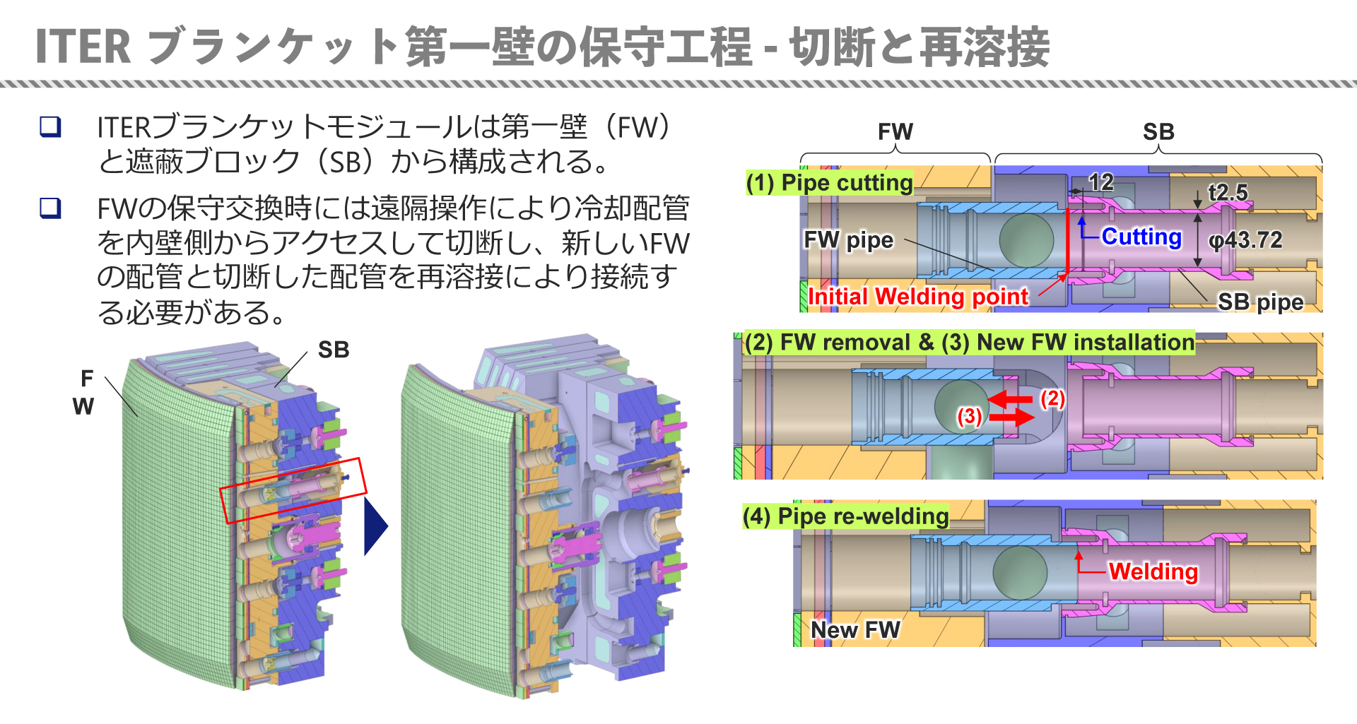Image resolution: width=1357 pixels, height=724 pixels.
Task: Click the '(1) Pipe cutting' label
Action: click(x=830, y=183)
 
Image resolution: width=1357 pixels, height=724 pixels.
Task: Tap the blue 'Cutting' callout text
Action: click(x=1141, y=237)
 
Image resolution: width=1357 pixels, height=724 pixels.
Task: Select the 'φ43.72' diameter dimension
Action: click(x=1245, y=240)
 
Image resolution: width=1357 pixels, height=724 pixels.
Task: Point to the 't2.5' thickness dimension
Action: click(x=1228, y=192)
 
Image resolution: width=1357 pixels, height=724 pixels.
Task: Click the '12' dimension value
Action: click(x=1101, y=182)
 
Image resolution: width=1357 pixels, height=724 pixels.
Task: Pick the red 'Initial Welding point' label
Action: click(x=918, y=297)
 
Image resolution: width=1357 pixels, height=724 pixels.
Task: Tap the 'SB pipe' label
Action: click(x=1260, y=302)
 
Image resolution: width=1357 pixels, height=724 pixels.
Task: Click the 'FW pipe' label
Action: click(x=848, y=240)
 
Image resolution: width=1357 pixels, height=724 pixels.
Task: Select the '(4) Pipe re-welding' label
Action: click(x=845, y=516)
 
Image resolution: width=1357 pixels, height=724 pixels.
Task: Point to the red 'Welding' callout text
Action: click(x=1153, y=571)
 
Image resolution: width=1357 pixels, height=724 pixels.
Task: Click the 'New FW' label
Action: click(x=855, y=629)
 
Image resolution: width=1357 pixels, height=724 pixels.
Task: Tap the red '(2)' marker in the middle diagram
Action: click(x=1052, y=398)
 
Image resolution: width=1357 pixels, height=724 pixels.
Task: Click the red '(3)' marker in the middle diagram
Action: click(x=969, y=416)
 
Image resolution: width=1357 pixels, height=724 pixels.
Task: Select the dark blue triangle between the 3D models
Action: click(x=375, y=526)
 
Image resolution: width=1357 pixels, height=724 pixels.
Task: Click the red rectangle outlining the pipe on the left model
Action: click(x=293, y=490)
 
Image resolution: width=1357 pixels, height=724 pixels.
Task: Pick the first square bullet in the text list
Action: click(x=50, y=126)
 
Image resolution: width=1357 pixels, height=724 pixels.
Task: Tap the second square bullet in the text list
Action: click(x=50, y=208)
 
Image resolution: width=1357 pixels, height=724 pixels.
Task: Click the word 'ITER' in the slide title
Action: click(x=83, y=47)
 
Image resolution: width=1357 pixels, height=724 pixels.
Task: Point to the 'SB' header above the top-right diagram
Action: click(x=1158, y=131)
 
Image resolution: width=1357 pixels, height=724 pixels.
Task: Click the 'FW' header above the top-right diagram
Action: click(x=895, y=131)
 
